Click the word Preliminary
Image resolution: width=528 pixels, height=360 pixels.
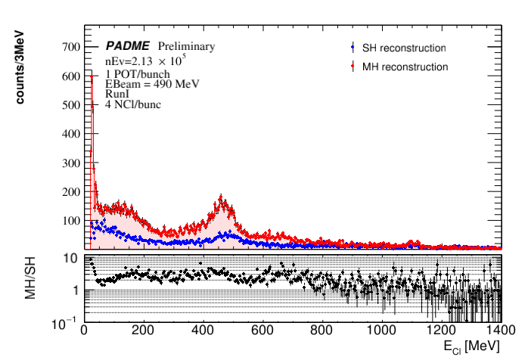186,46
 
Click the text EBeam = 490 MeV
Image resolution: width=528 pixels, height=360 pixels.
151,85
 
